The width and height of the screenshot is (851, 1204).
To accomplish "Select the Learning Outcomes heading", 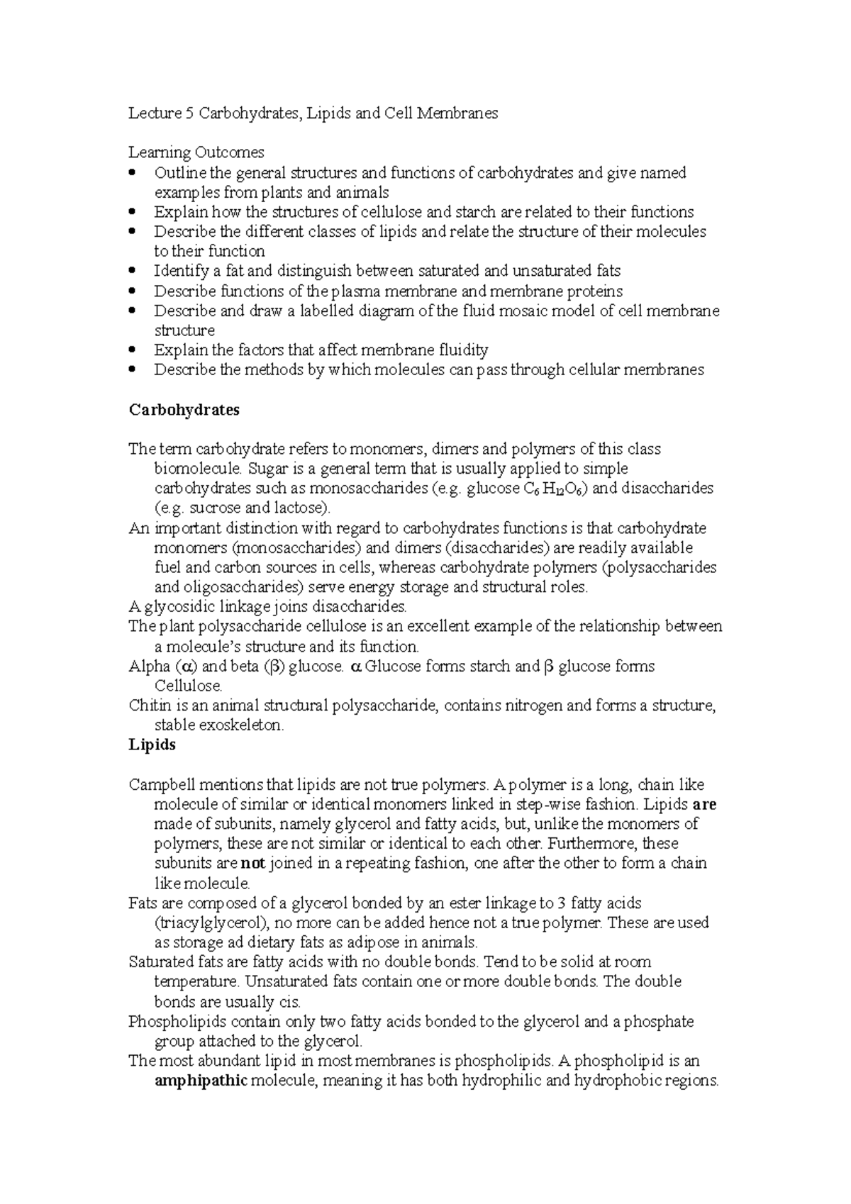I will (196, 152).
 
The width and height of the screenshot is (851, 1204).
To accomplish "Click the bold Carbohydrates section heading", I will (184, 410).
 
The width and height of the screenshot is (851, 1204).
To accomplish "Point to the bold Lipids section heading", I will (152, 745).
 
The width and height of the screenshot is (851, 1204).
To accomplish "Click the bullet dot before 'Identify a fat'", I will (133, 271).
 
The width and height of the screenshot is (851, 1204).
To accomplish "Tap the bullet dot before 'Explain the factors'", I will (133, 350).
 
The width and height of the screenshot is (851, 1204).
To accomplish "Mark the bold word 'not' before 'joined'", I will (252, 864).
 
